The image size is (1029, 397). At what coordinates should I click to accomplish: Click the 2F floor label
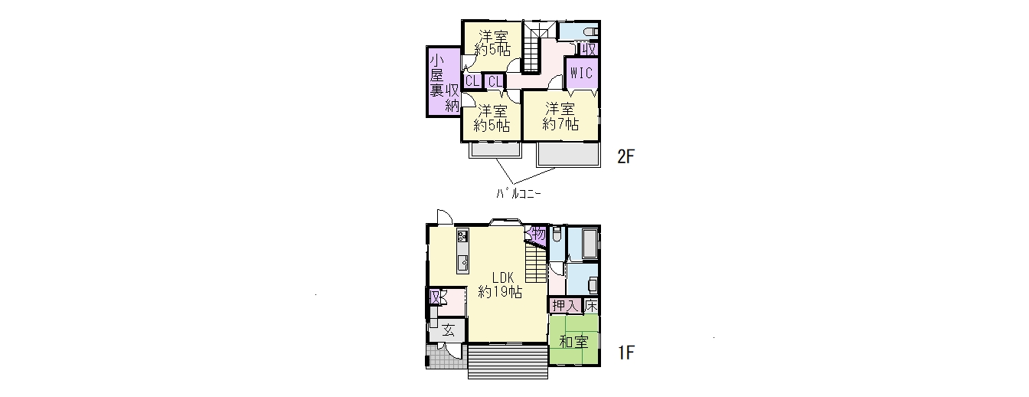pyautogui.click(x=626, y=157)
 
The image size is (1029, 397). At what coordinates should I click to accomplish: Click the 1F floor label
pyautogui.click(x=626, y=353)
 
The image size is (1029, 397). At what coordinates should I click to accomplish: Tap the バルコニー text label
pyautogui.click(x=518, y=194)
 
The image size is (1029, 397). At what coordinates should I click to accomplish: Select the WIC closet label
pyautogui.click(x=582, y=73)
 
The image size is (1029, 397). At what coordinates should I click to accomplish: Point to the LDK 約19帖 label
pyautogui.click(x=500, y=284)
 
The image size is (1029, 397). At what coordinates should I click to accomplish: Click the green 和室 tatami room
pyautogui.click(x=573, y=340)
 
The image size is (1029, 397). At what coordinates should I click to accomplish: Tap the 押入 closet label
pyautogui.click(x=565, y=306)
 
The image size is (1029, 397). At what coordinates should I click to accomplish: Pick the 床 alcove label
pyautogui.click(x=591, y=306)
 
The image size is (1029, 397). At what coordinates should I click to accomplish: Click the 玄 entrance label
pyautogui.click(x=449, y=330)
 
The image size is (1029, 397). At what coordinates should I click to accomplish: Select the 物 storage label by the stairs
pyautogui.click(x=538, y=233)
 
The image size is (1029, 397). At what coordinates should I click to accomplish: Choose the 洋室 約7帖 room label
pyautogui.click(x=560, y=116)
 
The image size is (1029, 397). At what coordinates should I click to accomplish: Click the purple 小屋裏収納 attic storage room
pyautogui.click(x=444, y=82)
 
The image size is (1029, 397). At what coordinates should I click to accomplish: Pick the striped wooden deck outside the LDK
pyautogui.click(x=508, y=362)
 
